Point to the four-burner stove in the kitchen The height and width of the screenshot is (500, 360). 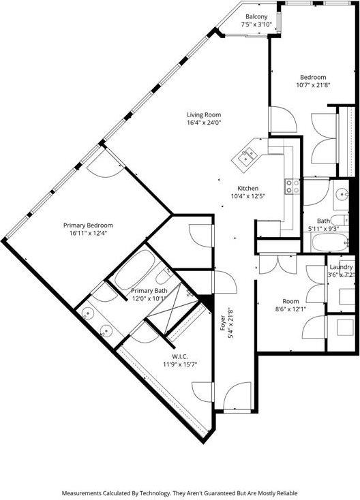[x=292, y=186]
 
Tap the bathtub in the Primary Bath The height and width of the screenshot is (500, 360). [x=135, y=270]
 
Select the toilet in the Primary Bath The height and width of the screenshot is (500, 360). [x=164, y=275]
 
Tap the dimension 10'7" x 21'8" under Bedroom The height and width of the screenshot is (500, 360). [x=313, y=85]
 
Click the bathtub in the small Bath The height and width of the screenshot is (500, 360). [x=329, y=243]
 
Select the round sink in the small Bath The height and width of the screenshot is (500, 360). [x=342, y=193]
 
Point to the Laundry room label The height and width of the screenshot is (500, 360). [x=341, y=267]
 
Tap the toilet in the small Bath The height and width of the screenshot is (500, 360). [x=338, y=220]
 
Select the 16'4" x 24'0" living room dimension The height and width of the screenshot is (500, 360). [x=204, y=123]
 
